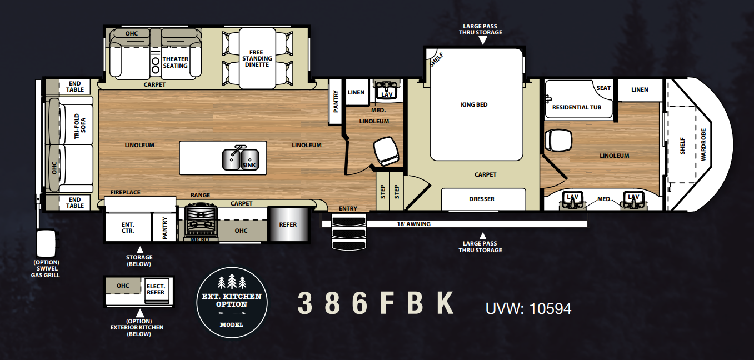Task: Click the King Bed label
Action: click(474, 104)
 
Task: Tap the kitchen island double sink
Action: click(241, 159)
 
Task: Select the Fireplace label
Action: click(125, 192)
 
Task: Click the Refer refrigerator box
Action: click(288, 224)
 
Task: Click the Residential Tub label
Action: click(577, 107)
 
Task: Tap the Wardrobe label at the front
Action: click(703, 144)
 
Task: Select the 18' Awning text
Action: click(414, 224)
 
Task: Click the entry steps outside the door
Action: click(349, 232)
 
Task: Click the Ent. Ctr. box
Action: click(128, 227)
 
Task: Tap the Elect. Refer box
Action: click(156, 289)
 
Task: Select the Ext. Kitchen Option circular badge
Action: click(232, 302)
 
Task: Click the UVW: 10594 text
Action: click(528, 308)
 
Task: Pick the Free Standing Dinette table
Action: click(257, 58)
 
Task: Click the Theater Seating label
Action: click(176, 62)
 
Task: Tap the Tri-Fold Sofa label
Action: click(80, 126)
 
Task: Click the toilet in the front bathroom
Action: click(558, 141)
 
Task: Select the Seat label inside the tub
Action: click(603, 88)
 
